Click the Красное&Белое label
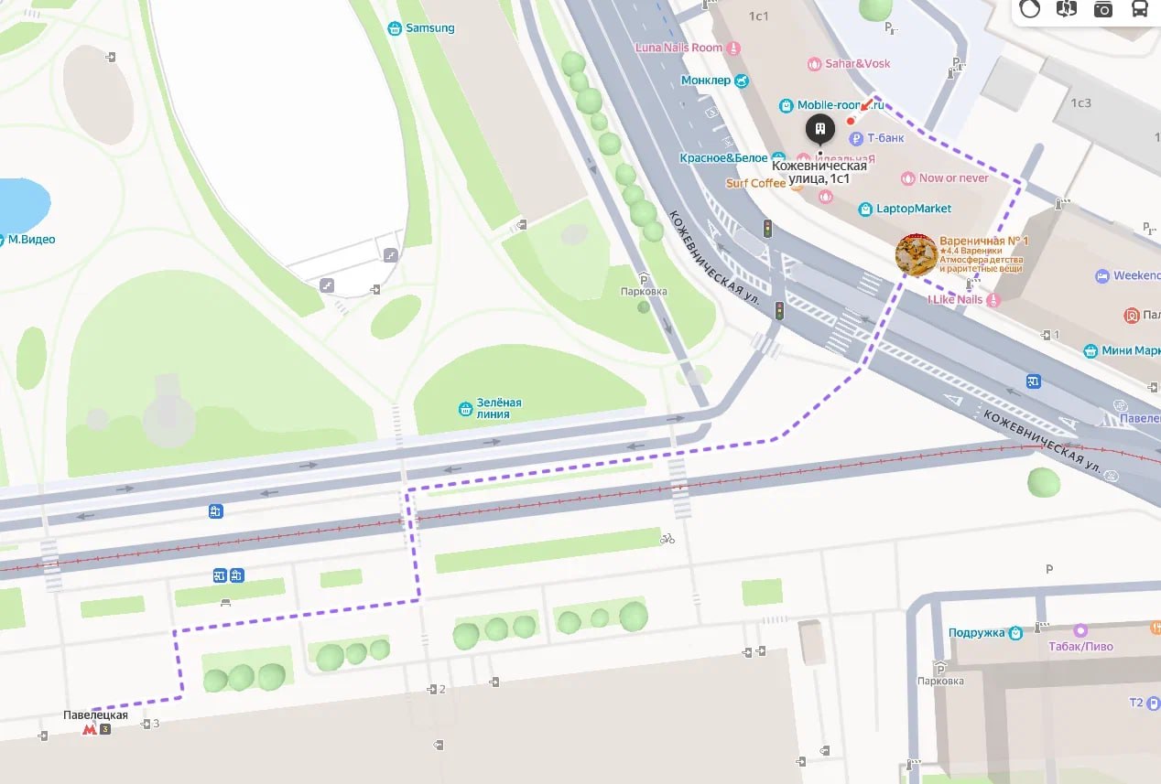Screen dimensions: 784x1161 (x=723, y=158)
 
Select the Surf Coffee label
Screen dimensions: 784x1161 (x=755, y=183)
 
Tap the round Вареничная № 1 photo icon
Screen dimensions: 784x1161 (x=916, y=254)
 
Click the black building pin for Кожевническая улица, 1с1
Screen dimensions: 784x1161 (x=820, y=129)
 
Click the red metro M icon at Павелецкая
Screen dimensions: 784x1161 (x=90, y=729)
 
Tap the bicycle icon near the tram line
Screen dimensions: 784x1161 (x=667, y=539)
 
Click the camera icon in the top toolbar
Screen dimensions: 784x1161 (x=1103, y=9)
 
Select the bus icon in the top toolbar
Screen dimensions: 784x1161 (x=1140, y=9)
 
